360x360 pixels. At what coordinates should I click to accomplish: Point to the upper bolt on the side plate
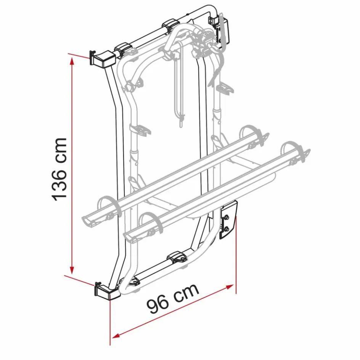click(x=227, y=216)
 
